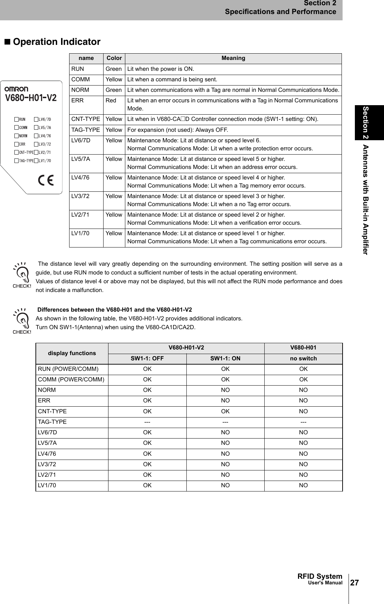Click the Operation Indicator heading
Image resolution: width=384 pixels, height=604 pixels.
pyautogui.click(x=56, y=42)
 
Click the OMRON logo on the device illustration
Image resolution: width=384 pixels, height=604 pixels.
pyautogui.click(x=16, y=89)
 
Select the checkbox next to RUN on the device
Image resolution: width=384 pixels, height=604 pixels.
pyautogui.click(x=16, y=120)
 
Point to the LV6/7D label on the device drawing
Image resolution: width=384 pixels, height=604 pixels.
pyautogui.click(x=45, y=120)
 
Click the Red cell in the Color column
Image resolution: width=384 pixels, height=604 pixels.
pyautogui.click(x=111, y=101)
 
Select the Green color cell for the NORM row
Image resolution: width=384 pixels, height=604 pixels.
pyautogui.click(x=114, y=90)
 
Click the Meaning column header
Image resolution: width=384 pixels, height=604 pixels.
pyautogui.click(x=233, y=58)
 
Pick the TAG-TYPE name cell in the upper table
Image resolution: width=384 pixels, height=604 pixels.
pyautogui.click(x=86, y=130)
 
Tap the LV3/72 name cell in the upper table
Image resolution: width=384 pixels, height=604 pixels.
pyautogui.click(x=80, y=196)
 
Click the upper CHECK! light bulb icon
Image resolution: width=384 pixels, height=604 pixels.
pyautogui.click(x=22, y=274)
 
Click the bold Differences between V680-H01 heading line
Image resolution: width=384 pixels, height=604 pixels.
pyautogui.click(x=114, y=310)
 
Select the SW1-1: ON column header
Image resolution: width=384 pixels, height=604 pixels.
pyautogui.click(x=225, y=359)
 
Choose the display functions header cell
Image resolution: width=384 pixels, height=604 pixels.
pyautogui.click(x=72, y=353)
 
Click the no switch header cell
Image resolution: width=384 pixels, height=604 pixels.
pyautogui.click(x=303, y=359)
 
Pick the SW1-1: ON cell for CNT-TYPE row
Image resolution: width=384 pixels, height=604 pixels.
pyautogui.click(x=225, y=411)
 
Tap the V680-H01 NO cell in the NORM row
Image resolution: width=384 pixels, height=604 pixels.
pyautogui.click(x=303, y=390)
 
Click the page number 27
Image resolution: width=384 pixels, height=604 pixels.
pyautogui.click(x=355, y=583)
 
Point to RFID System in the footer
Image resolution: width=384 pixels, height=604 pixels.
pyautogui.click(x=319, y=576)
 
